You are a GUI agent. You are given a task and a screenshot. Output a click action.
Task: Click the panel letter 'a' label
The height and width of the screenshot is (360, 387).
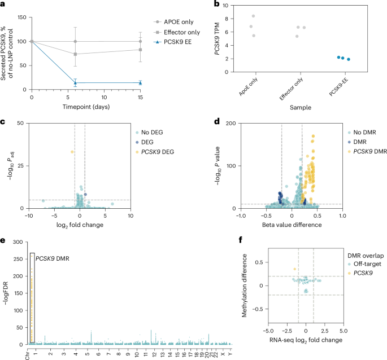(x=3, y=5)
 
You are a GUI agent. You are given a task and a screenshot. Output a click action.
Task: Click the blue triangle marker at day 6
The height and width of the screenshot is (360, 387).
(x=75, y=82)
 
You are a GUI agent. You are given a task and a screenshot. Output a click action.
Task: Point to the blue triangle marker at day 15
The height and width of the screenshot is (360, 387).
(x=140, y=82)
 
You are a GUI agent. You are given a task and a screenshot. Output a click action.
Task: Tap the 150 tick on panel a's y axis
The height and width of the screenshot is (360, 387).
(x=21, y=17)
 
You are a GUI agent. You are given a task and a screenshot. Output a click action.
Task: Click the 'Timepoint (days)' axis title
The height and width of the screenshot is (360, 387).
(x=85, y=106)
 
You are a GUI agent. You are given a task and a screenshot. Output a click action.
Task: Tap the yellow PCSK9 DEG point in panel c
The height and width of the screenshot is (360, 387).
(x=72, y=152)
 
